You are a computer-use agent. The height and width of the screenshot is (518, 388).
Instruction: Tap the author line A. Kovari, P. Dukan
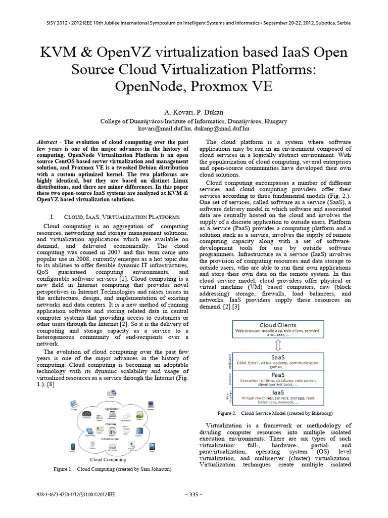click(x=193, y=111)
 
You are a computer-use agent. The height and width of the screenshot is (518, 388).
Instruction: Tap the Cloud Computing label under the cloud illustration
click(x=108, y=459)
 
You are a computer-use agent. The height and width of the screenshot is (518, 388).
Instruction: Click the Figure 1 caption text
click(x=112, y=469)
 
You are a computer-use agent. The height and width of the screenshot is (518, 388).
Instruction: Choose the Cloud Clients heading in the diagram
click(x=275, y=325)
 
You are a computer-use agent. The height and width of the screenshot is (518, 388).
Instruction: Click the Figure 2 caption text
click(x=277, y=413)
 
